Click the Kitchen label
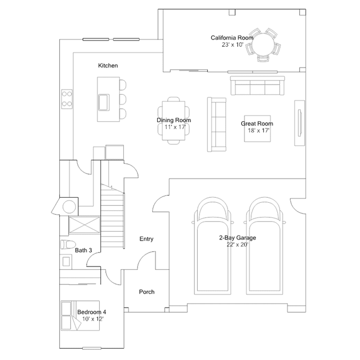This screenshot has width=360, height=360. pyautogui.click(x=108, y=66)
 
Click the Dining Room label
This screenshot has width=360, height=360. pyautogui.click(x=174, y=120)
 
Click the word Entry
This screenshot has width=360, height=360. pyautogui.click(x=146, y=239)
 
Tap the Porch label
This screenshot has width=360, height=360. pyautogui.click(x=146, y=292)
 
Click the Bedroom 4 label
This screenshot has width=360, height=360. pyautogui.click(x=91, y=312)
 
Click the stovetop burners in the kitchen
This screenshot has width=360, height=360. pyautogui.click(x=67, y=99)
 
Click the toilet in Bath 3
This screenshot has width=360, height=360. pyautogui.click(x=65, y=245)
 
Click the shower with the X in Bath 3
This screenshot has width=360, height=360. pyautogui.click(x=84, y=225)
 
